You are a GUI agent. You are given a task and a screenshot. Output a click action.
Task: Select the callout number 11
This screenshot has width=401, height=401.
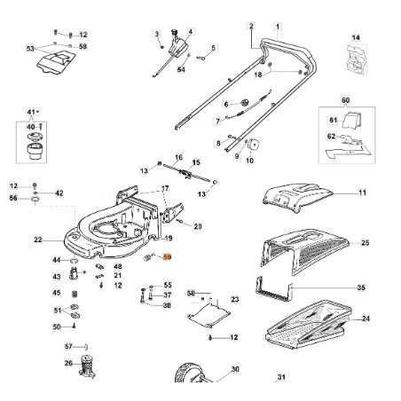tap(361, 192)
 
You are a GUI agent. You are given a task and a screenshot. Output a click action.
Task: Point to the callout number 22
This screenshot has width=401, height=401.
tap(38, 240)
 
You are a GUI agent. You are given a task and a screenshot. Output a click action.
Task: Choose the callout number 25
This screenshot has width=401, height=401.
tap(365, 242)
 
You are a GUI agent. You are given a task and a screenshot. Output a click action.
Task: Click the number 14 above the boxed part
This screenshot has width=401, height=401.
tap(357, 37)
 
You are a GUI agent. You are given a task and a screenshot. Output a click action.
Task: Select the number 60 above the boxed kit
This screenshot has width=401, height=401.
tap(345, 100)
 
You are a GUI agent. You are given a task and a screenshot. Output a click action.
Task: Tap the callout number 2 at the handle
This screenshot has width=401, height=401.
tap(251, 26)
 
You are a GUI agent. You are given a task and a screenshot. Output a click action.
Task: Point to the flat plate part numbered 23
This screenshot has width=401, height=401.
tap(206, 314)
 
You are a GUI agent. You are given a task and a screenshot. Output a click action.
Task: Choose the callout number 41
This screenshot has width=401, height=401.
tap(33, 113)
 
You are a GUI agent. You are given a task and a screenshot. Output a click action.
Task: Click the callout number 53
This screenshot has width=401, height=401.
tap(31, 49)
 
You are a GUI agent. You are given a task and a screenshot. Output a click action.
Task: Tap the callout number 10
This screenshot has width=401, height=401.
tap(249, 161)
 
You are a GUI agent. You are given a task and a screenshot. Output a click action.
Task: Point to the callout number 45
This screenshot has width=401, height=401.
tap(57, 293)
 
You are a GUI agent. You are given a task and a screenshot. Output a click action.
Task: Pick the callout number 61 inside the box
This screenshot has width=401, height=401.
tap(334, 120)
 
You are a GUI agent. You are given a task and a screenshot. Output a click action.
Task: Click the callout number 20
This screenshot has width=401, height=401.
tap(197, 226)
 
